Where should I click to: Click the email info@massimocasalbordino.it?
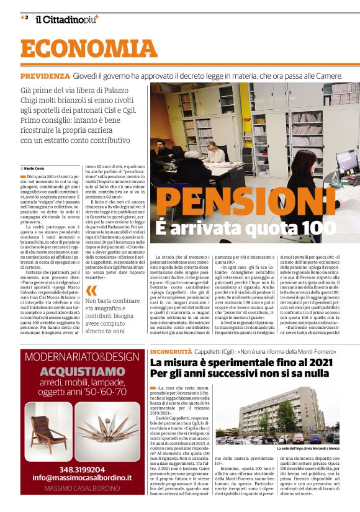82,478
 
